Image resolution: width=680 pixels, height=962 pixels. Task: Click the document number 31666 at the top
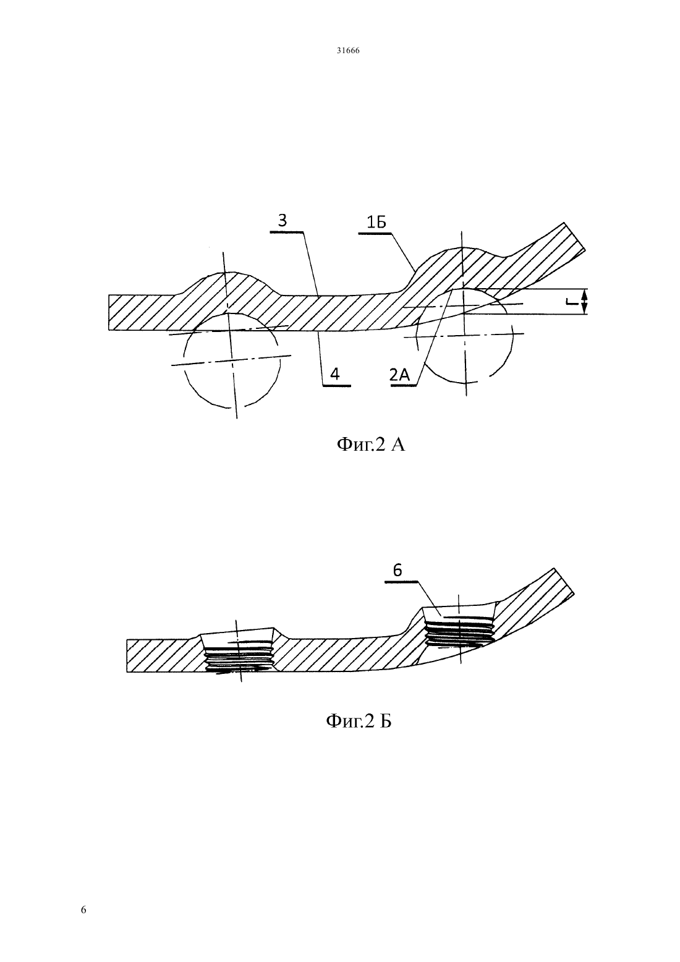347,51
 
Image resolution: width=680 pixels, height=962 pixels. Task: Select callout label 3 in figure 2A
283,221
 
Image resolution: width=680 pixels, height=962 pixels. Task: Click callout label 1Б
376,223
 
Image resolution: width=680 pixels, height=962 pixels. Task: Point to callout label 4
335,374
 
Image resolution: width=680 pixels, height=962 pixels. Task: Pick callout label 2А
400,375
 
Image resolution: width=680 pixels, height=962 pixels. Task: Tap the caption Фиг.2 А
370,445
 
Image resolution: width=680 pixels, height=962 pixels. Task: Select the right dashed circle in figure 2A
512,335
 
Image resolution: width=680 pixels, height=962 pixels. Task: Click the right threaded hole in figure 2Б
459,629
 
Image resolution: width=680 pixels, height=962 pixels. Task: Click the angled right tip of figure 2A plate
574,237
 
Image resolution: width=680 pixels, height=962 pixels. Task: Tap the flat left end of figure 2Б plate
127,656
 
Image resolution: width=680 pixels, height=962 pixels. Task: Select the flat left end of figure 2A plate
109,312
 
